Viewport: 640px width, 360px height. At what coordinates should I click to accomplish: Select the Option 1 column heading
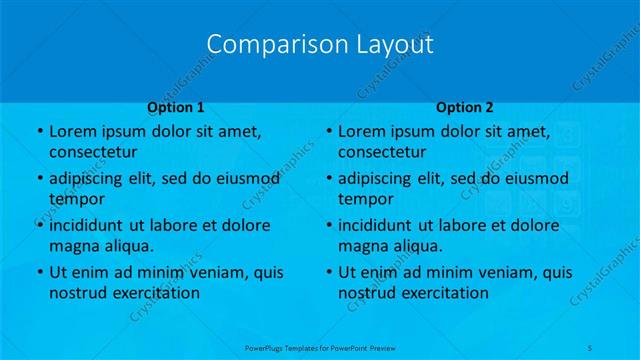pos(176,106)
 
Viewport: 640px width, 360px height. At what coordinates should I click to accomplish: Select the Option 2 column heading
pos(465,106)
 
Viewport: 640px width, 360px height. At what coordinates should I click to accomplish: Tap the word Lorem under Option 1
pos(71,131)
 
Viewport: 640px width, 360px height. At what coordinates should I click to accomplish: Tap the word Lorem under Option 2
pos(360,131)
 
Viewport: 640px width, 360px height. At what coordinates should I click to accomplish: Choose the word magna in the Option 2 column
pos(362,246)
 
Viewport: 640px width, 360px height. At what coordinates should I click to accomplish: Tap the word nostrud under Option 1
pos(76,293)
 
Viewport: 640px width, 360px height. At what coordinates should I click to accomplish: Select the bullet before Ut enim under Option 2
pos(329,272)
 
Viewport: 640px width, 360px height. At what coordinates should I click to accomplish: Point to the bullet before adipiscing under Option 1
pos(39,178)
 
